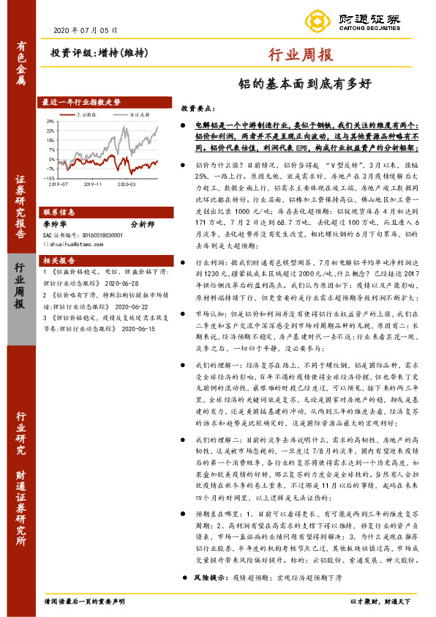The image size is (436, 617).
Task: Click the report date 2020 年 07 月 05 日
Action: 86,30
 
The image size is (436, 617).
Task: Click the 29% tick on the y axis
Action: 50,122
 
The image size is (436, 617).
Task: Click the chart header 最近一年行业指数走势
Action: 80,101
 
